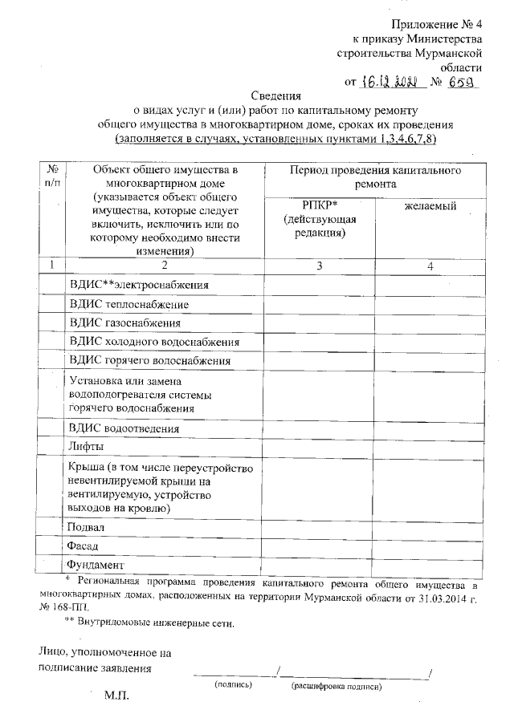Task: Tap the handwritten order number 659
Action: (460, 81)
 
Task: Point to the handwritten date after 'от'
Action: (388, 81)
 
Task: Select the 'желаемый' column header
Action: (430, 207)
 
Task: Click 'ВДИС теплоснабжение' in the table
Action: (129, 305)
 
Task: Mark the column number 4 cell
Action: (430, 266)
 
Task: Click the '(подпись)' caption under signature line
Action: (233, 686)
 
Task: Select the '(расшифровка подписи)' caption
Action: (337, 687)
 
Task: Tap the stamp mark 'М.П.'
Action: (116, 695)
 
